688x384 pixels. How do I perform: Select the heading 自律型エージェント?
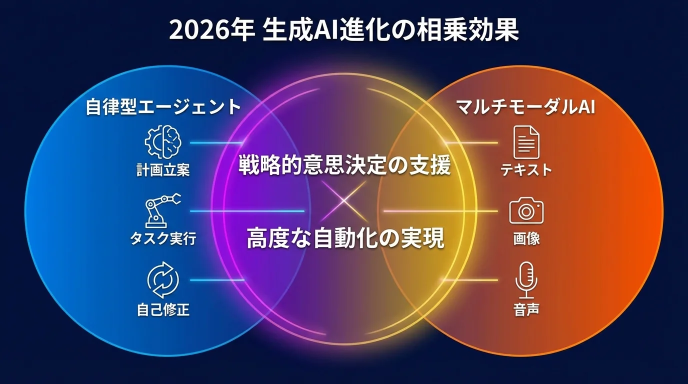(163, 107)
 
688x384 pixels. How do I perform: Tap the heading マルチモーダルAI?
(525, 107)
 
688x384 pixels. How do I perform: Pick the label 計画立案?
(163, 170)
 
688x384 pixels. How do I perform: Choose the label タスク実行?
(163, 238)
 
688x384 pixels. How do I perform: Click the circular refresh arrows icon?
(163, 281)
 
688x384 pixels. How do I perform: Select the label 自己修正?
(163, 309)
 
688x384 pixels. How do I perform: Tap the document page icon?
(526, 142)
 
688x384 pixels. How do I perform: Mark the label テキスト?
(526, 170)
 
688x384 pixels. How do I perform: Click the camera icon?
(526, 211)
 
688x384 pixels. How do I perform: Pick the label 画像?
(526, 238)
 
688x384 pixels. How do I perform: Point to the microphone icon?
(526, 280)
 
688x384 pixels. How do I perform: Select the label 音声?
(526, 309)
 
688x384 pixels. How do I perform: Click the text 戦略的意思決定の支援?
(344, 165)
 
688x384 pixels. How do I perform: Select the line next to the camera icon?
(440, 211)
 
